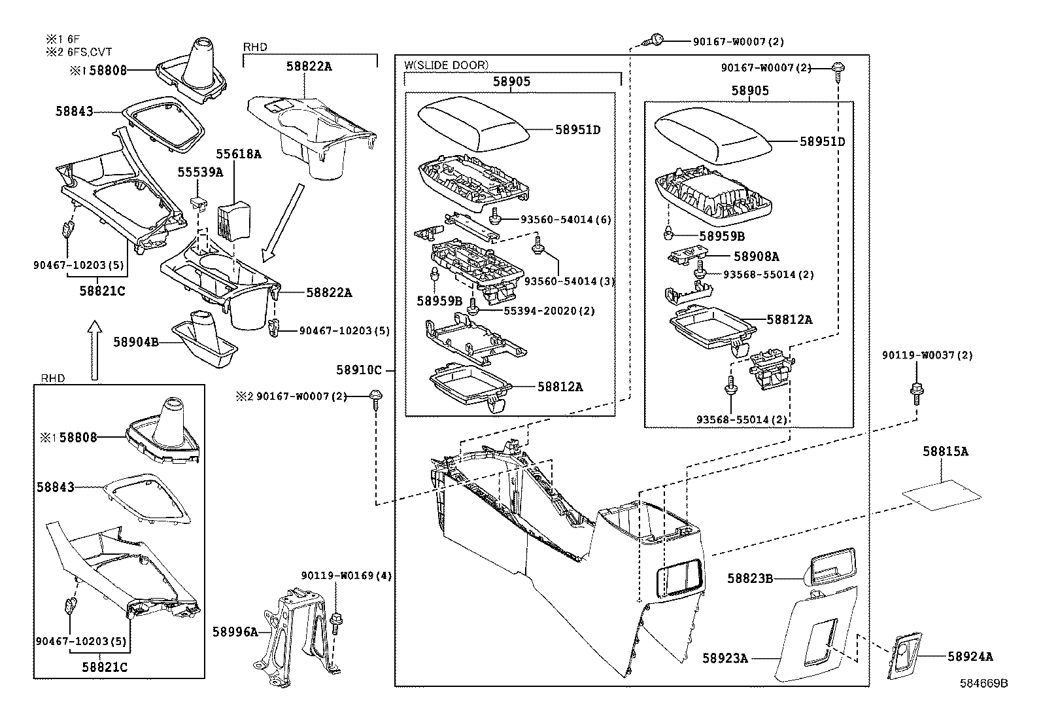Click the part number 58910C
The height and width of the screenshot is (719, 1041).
(x=359, y=370)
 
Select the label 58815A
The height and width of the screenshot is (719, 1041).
(x=946, y=451)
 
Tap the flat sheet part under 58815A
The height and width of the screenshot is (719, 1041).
(x=942, y=493)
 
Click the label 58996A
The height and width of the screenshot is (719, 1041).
(x=235, y=632)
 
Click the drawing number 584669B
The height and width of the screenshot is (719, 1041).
(x=983, y=683)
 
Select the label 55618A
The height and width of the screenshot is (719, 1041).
(x=239, y=154)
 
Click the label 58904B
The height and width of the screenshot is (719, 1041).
(x=136, y=341)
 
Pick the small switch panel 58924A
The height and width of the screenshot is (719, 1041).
(x=904, y=656)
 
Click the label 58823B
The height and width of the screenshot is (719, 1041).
(x=750, y=578)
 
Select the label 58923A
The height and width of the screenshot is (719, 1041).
(x=725, y=658)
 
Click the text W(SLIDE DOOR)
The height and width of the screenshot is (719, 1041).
(x=446, y=65)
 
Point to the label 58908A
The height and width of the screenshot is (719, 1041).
(x=756, y=257)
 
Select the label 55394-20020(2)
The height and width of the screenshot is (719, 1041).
(x=549, y=311)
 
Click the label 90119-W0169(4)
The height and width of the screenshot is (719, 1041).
(x=347, y=576)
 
